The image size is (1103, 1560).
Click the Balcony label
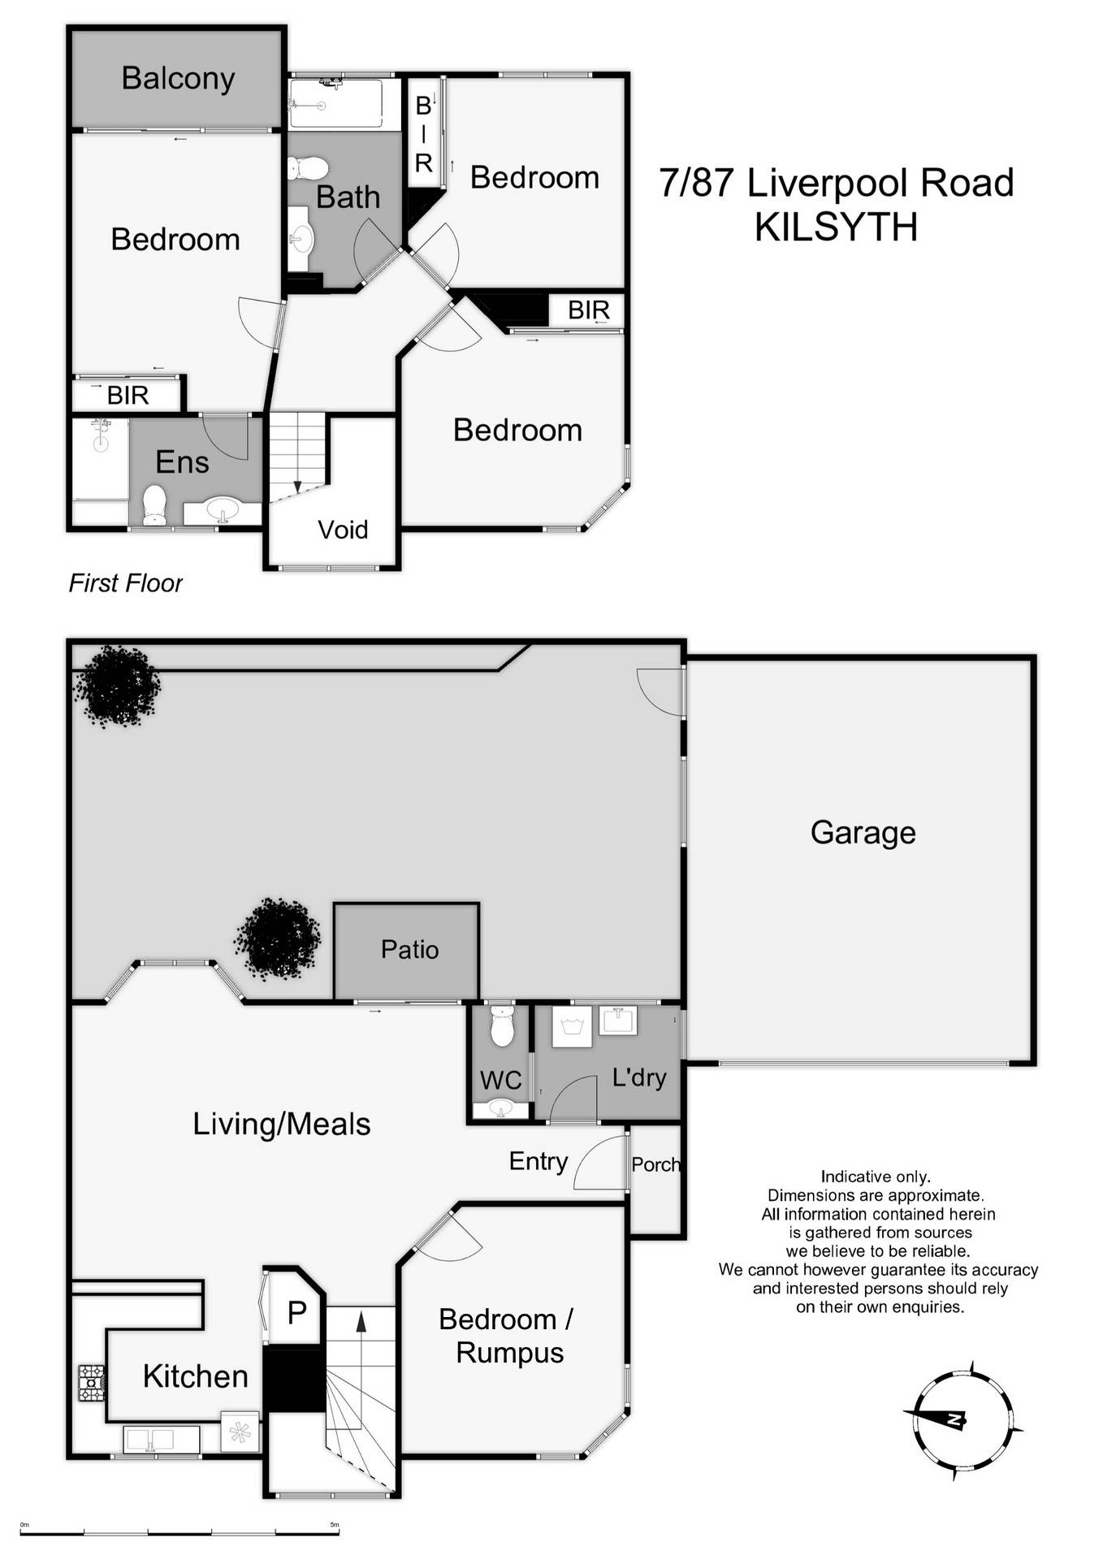(178, 79)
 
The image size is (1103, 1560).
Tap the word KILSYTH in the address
(836, 227)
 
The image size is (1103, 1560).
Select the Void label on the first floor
(343, 530)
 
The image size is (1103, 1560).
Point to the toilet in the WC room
(502, 1027)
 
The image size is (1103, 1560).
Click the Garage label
(863, 832)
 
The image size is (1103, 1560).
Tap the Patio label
(409, 949)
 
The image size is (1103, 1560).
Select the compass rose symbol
(962, 1418)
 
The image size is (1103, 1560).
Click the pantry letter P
(296, 1311)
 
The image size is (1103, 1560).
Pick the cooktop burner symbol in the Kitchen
(91, 1382)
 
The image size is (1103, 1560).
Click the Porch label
(655, 1164)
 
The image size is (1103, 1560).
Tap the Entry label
(538, 1161)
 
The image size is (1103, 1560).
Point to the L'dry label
(639, 1077)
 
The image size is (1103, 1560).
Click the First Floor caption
(126, 583)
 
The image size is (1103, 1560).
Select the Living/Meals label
(281, 1124)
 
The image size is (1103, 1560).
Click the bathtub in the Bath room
(335, 103)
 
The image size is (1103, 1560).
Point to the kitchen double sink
(161, 1438)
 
